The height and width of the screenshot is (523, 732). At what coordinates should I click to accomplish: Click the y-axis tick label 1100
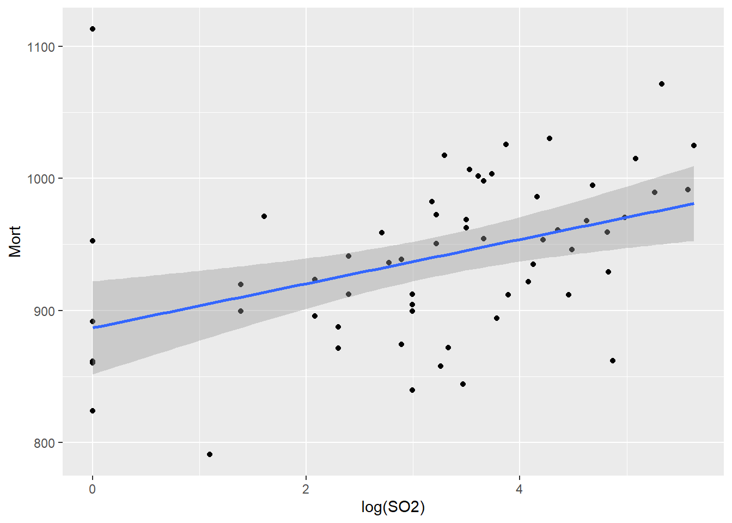click(x=41, y=47)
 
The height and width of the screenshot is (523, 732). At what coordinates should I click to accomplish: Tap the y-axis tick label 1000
click(x=41, y=179)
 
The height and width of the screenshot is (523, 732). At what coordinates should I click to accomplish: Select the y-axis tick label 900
click(x=44, y=311)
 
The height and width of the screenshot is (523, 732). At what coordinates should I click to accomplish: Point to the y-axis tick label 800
click(x=44, y=443)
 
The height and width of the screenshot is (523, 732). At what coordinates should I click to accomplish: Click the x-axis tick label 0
click(x=93, y=489)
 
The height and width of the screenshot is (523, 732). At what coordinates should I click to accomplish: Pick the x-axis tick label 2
click(x=306, y=489)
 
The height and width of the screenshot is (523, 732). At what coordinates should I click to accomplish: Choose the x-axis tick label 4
click(x=520, y=489)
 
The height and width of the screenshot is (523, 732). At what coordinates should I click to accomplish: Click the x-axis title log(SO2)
click(x=393, y=507)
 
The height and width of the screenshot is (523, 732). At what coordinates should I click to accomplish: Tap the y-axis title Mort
click(x=15, y=241)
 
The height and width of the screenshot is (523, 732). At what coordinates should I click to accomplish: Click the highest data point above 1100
click(x=93, y=29)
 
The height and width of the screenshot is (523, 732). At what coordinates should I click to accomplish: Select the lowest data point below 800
click(x=210, y=454)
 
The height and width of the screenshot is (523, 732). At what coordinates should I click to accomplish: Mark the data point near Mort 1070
click(x=662, y=84)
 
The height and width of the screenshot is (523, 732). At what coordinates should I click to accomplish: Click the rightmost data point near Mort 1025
click(x=694, y=145)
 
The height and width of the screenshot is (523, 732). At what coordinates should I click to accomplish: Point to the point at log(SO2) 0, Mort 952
click(x=93, y=241)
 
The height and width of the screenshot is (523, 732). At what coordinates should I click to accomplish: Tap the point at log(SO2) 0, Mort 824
click(x=93, y=411)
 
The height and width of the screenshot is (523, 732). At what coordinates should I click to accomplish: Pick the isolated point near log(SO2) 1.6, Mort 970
click(x=264, y=216)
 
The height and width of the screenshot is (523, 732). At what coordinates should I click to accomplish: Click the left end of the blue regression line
click(x=94, y=327)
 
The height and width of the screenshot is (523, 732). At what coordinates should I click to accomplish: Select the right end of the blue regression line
click(x=693, y=204)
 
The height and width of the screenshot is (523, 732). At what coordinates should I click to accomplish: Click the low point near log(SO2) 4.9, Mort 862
click(x=613, y=361)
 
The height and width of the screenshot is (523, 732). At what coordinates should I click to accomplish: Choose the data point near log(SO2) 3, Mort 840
click(x=412, y=390)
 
